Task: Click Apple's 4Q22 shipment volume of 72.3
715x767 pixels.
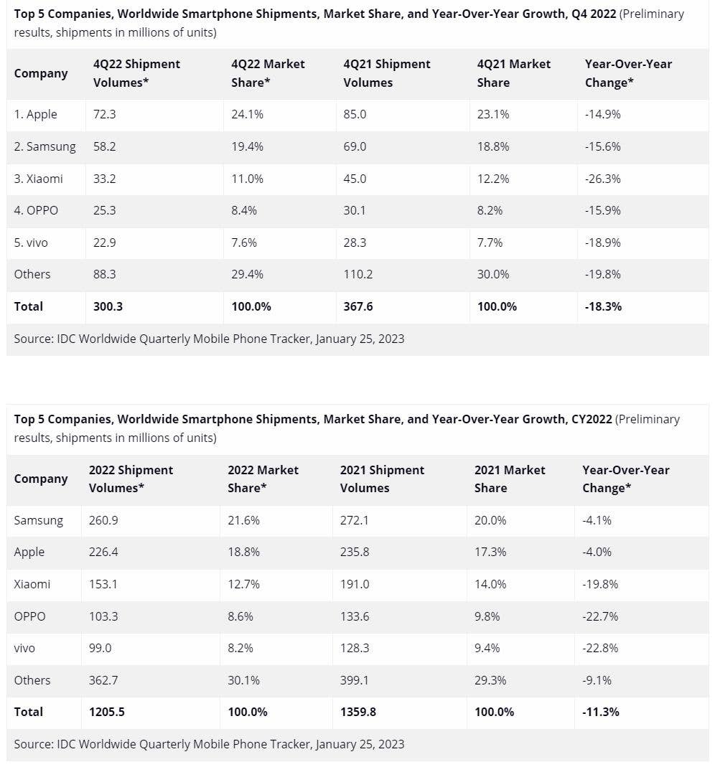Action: [x=105, y=114]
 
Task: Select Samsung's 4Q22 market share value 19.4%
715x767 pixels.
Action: [x=247, y=146]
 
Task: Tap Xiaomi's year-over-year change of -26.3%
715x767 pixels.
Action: [x=603, y=179]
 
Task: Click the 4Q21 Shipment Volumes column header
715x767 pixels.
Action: [x=387, y=73]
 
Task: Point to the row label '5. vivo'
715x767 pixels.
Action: [x=31, y=243]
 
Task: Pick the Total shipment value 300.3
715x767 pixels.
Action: [x=108, y=306]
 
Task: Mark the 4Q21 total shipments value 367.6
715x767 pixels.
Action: [x=358, y=306]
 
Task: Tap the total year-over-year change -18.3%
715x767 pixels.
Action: [x=603, y=306]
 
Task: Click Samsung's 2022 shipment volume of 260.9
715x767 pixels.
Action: [x=103, y=520]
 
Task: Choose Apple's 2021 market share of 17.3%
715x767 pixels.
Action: [x=490, y=552]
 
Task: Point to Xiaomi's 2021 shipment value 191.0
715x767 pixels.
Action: [x=355, y=584]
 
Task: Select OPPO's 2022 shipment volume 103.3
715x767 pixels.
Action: [x=103, y=616]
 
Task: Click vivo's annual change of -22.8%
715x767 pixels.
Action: [x=600, y=648]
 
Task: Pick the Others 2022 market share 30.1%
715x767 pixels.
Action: [x=243, y=680]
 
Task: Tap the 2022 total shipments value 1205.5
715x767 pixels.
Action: [x=106, y=712]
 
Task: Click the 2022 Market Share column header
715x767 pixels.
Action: [x=263, y=479]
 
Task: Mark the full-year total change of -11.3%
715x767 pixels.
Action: [x=600, y=712]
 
